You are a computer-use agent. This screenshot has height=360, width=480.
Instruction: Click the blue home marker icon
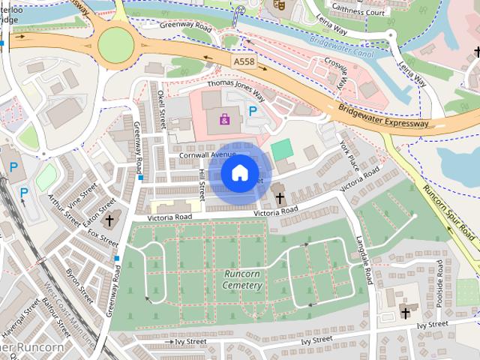coord(238,172)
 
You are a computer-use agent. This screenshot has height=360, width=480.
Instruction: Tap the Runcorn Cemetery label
coord(242,280)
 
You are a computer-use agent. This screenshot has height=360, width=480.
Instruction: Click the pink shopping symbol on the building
coord(225,118)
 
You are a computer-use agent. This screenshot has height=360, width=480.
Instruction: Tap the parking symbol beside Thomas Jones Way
coord(253,111)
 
